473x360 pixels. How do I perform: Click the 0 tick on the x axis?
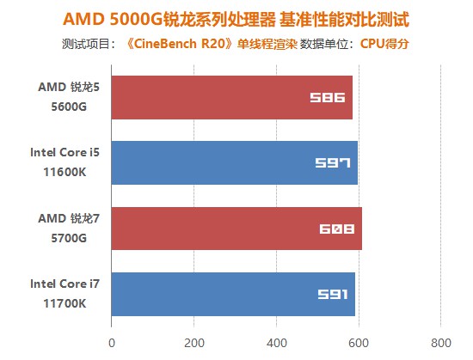111,342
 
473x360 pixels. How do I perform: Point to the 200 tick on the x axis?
193,342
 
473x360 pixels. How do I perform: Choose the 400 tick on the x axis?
276,342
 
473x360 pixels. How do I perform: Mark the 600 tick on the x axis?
359,342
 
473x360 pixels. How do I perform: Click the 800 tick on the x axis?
440,342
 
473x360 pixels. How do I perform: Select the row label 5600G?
69,106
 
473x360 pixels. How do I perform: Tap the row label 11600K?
69,172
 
